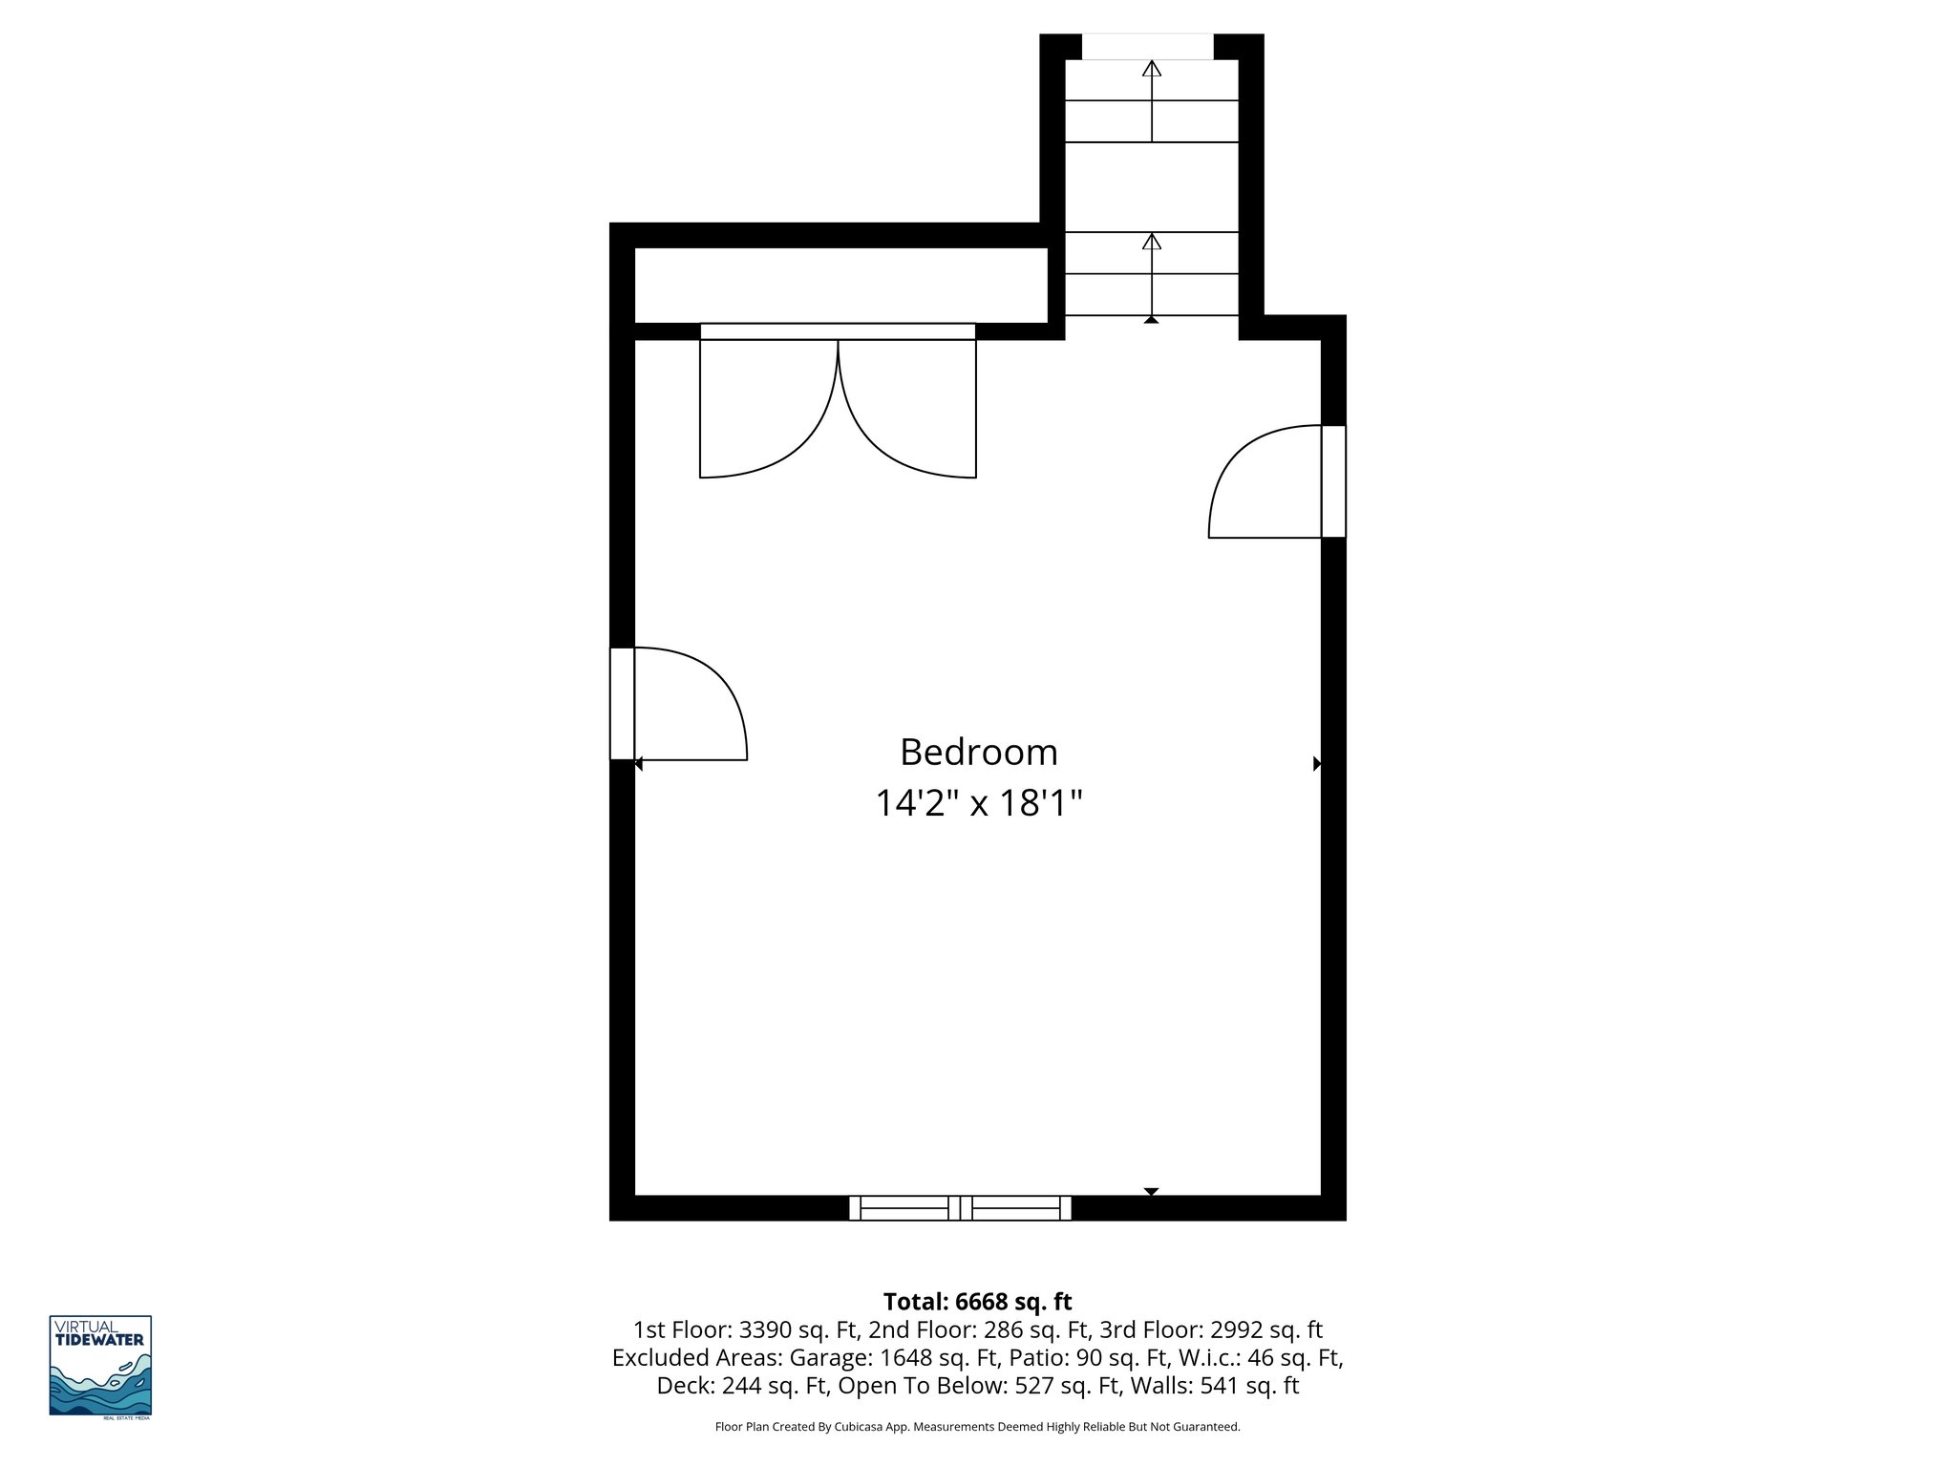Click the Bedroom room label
point(978,753)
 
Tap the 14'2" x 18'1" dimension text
point(978,803)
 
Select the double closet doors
point(838,406)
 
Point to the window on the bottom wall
point(960,1208)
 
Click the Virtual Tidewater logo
point(100,1366)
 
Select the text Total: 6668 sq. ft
point(977,1302)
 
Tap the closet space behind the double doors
point(840,285)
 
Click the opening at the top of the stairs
point(1147,46)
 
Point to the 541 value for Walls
point(1211,1386)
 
